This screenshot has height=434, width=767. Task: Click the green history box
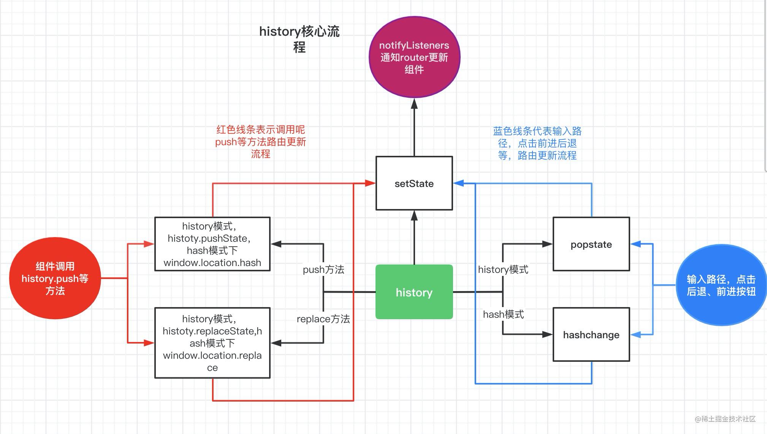point(414,292)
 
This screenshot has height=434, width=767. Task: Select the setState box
point(414,183)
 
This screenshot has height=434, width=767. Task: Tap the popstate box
point(591,244)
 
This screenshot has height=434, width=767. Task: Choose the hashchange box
point(591,334)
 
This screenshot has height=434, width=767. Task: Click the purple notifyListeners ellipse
point(414,57)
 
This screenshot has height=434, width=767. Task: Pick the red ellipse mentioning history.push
point(55,278)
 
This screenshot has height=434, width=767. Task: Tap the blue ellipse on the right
point(721,285)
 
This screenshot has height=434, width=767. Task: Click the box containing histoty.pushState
point(212,244)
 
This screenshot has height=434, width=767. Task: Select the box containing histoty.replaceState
point(212,343)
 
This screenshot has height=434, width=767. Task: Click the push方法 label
point(323,269)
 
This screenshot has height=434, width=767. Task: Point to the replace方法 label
point(323,319)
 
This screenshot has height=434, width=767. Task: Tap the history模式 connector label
point(503,269)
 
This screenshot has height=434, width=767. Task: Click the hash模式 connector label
point(503,314)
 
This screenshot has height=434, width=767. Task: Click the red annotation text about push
point(260,142)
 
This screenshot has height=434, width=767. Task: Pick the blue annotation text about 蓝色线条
point(537,143)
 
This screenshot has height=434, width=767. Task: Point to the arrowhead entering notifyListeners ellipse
point(414,104)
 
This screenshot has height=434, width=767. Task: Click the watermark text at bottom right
point(725,419)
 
